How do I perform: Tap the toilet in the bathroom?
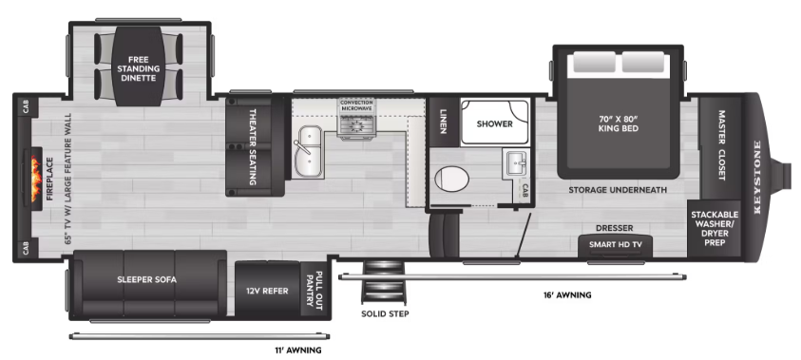coord(451,180)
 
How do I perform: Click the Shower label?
coord(494,123)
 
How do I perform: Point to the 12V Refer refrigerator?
coord(268,290)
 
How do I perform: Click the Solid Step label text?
coord(385,313)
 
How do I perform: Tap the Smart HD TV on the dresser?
coord(616,245)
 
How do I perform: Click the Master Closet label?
coord(721,145)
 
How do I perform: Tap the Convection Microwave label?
coord(357,105)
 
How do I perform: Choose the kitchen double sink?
coord(308,152)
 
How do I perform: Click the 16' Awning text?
coord(567,295)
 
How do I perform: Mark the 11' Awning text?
coord(297,351)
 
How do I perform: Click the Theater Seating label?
coord(253,146)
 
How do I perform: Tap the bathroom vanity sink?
coord(515,164)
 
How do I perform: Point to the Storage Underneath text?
coord(619,190)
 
